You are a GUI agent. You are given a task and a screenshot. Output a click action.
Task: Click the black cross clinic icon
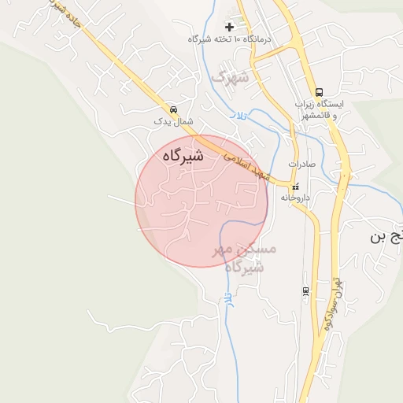[229, 27]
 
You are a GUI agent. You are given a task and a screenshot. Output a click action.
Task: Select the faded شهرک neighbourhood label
[230, 76]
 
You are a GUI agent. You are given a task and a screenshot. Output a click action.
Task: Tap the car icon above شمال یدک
[173, 110]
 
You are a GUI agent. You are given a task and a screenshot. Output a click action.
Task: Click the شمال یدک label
[173, 122]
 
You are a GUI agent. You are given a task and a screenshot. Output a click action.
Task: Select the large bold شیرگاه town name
[183, 156]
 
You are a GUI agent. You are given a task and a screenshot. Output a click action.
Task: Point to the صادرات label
[301, 164]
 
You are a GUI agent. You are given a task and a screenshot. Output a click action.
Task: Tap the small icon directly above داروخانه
[295, 187]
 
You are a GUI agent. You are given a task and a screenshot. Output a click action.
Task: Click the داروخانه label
[295, 198]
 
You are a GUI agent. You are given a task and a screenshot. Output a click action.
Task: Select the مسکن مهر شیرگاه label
[245, 257]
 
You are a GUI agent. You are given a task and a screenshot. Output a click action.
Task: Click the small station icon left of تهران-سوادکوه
[305, 291]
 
